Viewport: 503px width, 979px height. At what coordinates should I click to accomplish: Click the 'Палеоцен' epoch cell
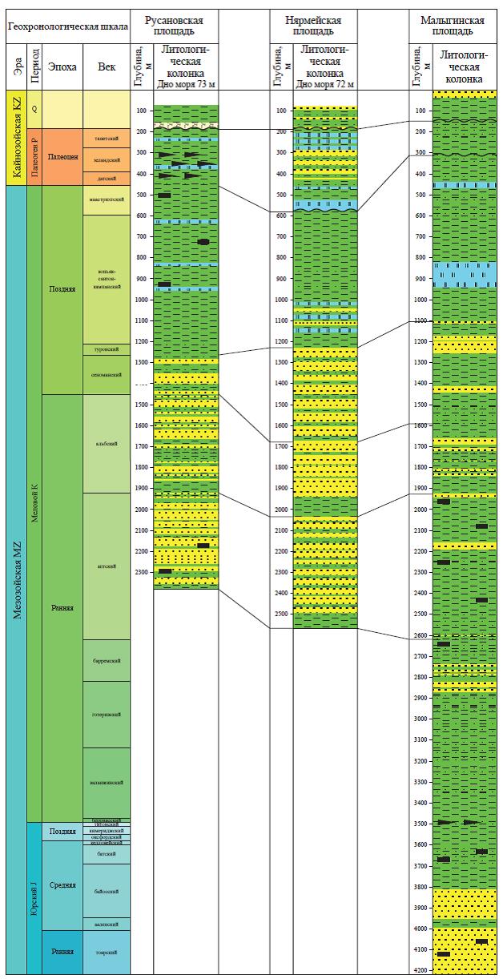pos(62,158)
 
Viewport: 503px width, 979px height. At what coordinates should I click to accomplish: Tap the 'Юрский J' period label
pos(33,898)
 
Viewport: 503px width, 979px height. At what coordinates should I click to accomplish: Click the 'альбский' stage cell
pos(107,444)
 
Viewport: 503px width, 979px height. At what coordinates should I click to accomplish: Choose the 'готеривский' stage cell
pos(107,714)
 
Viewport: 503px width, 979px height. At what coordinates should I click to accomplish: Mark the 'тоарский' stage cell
pos(107,952)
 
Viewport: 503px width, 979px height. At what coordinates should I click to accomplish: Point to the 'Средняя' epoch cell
pos(62,885)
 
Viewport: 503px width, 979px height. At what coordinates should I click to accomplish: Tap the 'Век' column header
pos(106,66)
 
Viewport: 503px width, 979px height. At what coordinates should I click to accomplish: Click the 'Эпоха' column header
pos(62,66)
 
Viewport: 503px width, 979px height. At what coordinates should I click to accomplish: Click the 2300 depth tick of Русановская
pos(142,572)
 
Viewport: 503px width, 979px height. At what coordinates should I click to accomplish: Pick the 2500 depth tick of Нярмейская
pos(281,614)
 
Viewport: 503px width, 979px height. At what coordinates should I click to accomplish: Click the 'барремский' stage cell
pos(107,661)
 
